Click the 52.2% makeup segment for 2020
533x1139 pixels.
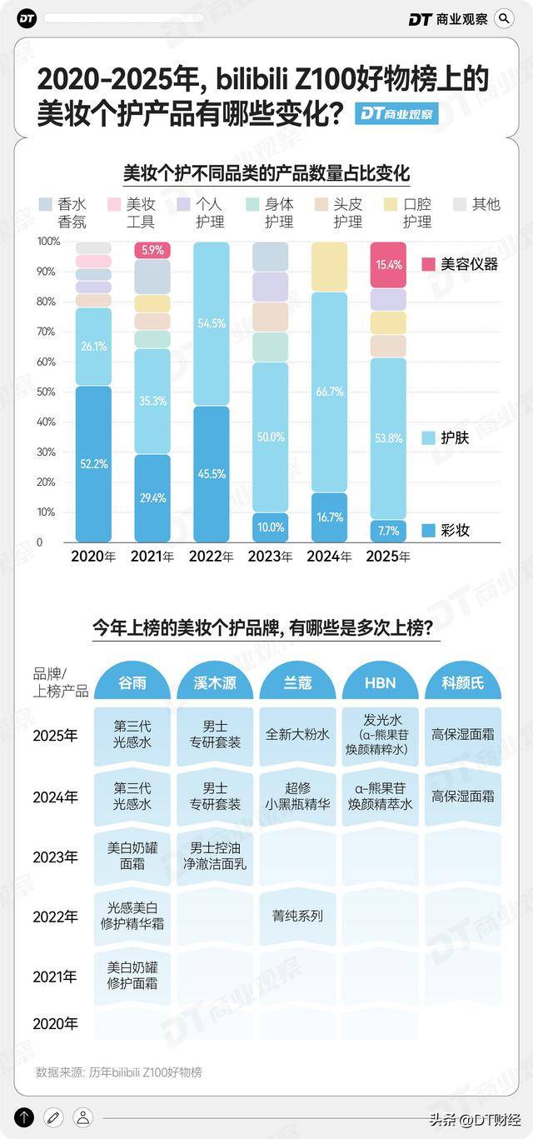pos(93,463)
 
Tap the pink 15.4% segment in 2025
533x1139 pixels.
pos(388,264)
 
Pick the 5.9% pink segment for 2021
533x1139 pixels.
pos(152,249)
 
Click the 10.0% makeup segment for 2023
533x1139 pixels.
pos(270,527)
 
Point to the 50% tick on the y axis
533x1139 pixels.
pos(48,392)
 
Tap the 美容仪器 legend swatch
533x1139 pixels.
pos(428,264)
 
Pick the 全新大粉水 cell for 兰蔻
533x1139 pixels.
pos(297,735)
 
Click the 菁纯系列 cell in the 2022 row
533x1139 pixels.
pos(297,916)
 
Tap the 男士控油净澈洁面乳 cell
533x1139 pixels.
pos(215,856)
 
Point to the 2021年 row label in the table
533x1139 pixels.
pos(56,977)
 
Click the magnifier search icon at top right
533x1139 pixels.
pos(504,18)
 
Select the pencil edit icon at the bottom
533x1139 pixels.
pos(53,1117)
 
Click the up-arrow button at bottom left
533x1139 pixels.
pos(24,1117)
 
